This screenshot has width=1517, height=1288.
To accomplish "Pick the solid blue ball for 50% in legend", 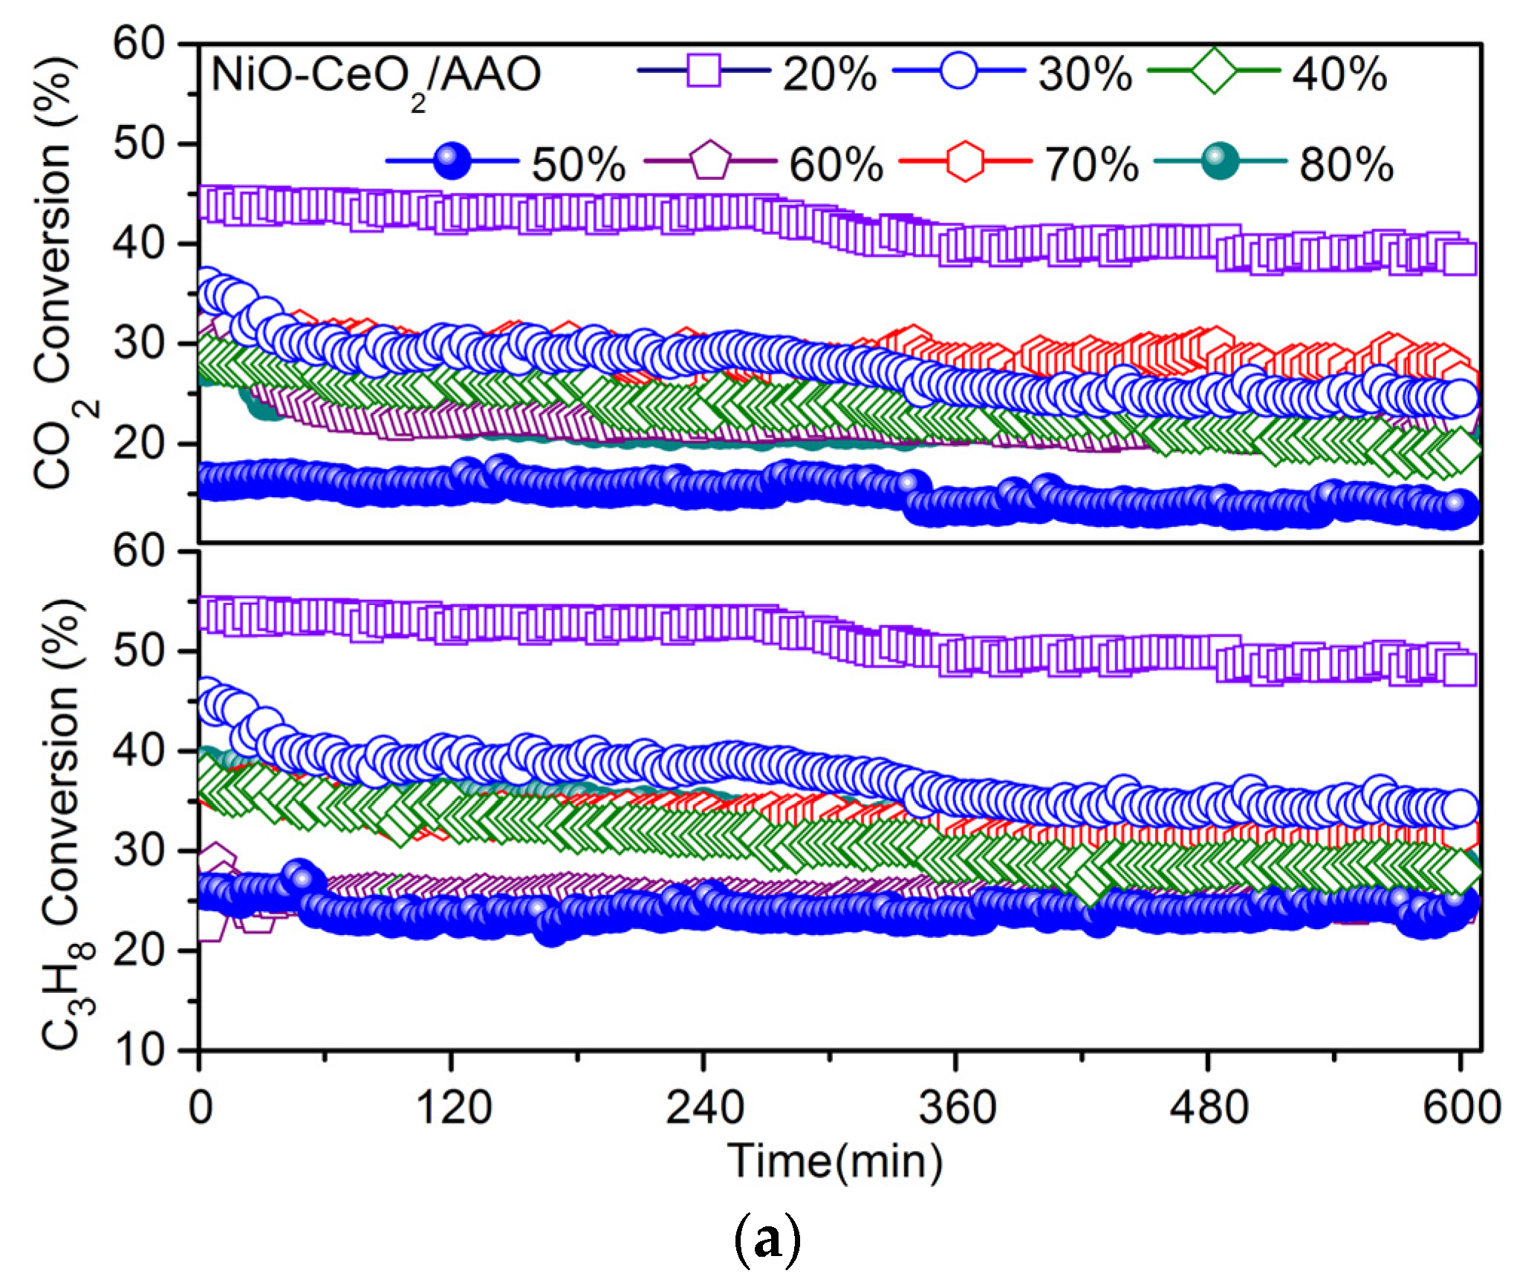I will (452, 161).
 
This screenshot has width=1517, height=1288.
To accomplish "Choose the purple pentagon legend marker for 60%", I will (710, 161).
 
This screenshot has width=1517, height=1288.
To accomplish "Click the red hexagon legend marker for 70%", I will (965, 161).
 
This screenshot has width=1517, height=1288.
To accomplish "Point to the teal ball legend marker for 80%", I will (1220, 161).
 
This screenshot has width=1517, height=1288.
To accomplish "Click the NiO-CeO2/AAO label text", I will (376, 77).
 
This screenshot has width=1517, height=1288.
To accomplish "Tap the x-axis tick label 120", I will (453, 1107).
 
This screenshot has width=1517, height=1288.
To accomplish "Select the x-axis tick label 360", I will (957, 1107).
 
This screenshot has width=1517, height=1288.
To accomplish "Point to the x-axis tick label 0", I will (201, 1107).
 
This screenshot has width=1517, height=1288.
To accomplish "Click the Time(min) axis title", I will (834, 1162).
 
